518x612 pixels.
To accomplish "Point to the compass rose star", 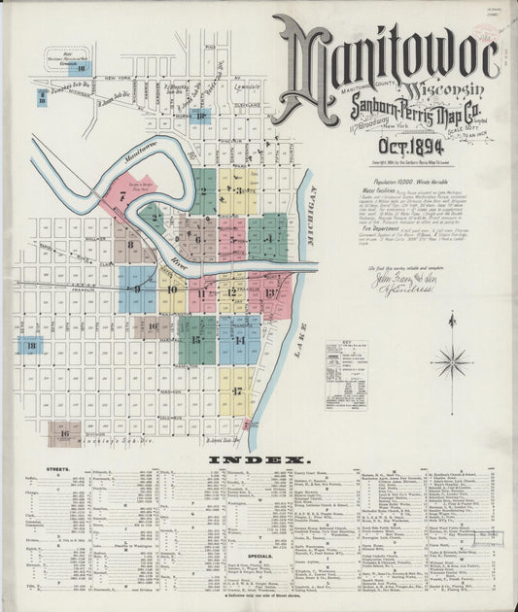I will pyautogui.click(x=451, y=362).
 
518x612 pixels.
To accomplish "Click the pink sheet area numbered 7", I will pyautogui.click(x=124, y=195).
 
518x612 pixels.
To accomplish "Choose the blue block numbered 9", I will pyautogui.click(x=137, y=289).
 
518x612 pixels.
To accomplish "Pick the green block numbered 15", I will pyautogui.click(x=197, y=339).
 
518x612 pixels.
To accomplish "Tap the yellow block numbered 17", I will pyautogui.click(x=235, y=390).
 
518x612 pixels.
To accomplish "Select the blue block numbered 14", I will pyautogui.click(x=238, y=340).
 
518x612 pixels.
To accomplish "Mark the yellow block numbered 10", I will pyautogui.click(x=172, y=289).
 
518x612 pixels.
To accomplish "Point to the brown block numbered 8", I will pyautogui.click(x=130, y=245).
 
